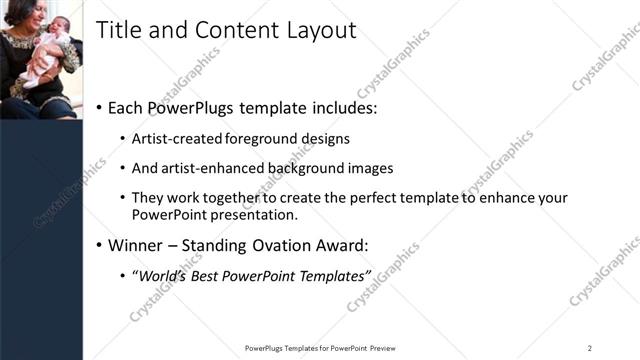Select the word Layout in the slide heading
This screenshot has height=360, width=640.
coord(321,31)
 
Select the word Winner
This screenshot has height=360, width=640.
coord(134,245)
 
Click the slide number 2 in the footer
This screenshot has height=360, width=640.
coord(590,348)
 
